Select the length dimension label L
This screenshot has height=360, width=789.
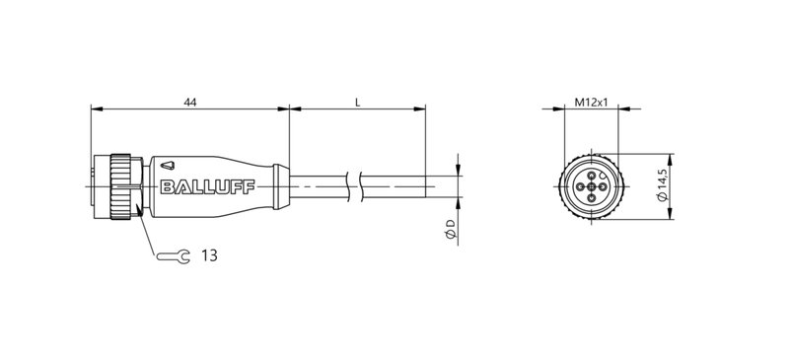coord(355,100)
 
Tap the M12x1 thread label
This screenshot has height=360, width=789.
coord(589,100)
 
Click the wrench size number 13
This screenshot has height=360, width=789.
coord(209,255)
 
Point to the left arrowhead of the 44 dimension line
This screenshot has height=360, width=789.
coord(95,108)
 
